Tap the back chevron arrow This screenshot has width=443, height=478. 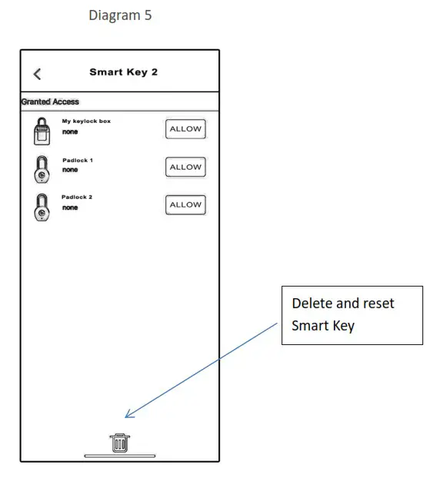click(x=37, y=74)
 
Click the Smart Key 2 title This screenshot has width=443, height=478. click(x=123, y=72)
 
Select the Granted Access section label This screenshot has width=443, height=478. click(x=50, y=101)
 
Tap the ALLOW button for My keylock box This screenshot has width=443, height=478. click(x=185, y=129)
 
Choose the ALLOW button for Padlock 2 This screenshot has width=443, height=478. click(x=185, y=205)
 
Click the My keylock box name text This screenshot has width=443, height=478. click(x=86, y=121)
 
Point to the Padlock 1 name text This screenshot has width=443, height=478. click(x=77, y=160)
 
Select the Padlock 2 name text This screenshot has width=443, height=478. click(x=77, y=198)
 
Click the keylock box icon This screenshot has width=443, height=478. click(x=42, y=131)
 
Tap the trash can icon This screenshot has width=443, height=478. click(x=119, y=443)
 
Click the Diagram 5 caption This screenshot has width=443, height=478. click(x=120, y=15)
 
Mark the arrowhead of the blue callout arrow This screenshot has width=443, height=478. click(x=128, y=416)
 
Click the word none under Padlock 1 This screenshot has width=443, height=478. click(x=70, y=170)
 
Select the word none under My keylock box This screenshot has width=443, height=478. click(x=70, y=131)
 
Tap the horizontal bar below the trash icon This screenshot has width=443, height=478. click(x=119, y=456)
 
